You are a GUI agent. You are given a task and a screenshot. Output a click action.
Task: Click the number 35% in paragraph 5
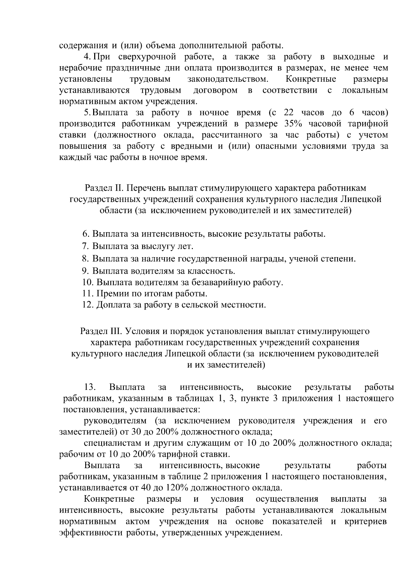click(x=293, y=124)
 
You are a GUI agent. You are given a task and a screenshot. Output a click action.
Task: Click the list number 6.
click(x=86, y=234)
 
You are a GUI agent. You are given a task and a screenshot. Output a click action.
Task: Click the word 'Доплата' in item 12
click(x=112, y=305)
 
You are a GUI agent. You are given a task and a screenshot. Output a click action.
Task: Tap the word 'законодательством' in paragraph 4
click(x=228, y=79)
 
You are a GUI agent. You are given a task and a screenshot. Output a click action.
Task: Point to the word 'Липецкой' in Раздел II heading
click(x=362, y=199)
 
